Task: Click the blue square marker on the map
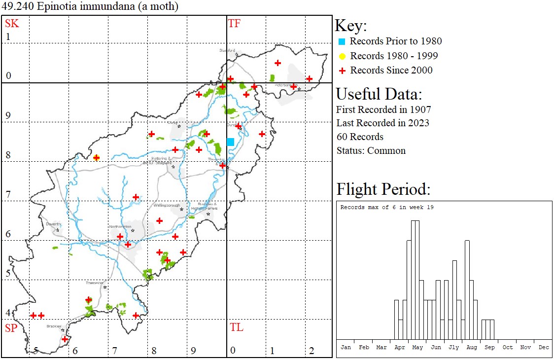tap(230, 142)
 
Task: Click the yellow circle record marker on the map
tap(97, 158)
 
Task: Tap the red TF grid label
tap(234, 23)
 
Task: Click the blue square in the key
tap(342, 41)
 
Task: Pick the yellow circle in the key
tap(342, 56)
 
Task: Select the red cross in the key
tap(342, 71)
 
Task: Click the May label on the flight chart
tap(417, 347)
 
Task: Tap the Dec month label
tap(544, 347)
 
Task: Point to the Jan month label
tap(346, 347)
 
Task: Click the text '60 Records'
tap(360, 137)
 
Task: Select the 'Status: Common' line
tap(371, 150)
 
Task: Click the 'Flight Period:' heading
tap(383, 189)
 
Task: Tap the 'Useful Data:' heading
tap(379, 94)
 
